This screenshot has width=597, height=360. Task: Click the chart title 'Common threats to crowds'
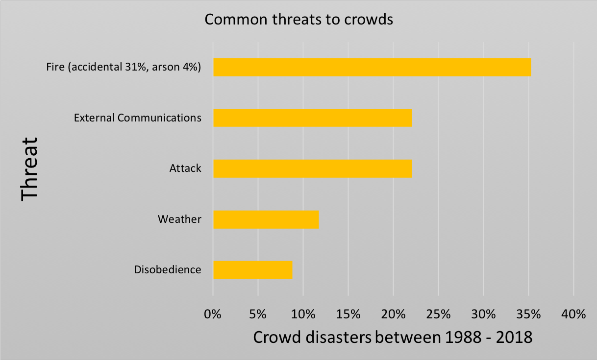pos(299,20)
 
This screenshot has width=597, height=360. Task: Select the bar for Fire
pos(372,67)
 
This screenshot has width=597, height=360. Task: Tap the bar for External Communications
pos(312,118)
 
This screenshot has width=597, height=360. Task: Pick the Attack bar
pos(312,168)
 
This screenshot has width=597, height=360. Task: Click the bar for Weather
pos(266,219)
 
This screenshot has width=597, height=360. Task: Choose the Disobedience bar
pos(252,270)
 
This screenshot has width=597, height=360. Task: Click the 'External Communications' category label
pos(137,118)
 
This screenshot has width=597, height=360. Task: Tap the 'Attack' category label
pos(185,168)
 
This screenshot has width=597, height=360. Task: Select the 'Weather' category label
pos(179,219)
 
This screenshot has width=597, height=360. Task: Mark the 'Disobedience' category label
pos(167,270)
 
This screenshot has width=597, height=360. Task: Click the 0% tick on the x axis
pos(213,314)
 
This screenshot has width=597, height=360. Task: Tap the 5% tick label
pos(258,314)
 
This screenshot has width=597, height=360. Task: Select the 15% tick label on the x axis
pos(348,314)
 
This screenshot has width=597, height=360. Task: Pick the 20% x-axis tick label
pos(393,314)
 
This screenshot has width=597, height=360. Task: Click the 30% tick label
pos(483,314)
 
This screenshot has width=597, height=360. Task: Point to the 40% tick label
pos(573,314)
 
